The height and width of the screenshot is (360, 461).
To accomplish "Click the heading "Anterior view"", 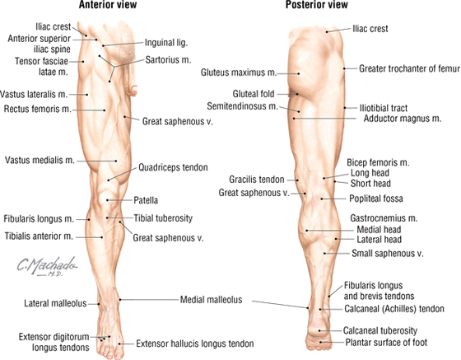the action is (x=108, y=5).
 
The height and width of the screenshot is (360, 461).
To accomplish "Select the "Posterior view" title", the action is (x=317, y=5).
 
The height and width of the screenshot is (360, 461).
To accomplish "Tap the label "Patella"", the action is (x=146, y=200).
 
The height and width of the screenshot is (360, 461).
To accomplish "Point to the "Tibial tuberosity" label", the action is (x=163, y=218).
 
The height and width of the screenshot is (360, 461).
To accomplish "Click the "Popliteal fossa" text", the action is (x=376, y=199).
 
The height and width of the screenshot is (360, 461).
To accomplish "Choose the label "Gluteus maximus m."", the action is (x=239, y=72).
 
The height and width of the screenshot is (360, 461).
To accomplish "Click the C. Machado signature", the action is (x=47, y=266).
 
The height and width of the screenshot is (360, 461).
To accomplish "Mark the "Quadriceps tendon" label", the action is (x=173, y=168).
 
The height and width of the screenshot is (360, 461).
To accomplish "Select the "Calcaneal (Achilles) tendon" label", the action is (x=394, y=309).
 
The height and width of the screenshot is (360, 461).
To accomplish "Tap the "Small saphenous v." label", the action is (x=388, y=253).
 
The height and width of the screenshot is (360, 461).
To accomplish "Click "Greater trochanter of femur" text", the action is (x=409, y=69).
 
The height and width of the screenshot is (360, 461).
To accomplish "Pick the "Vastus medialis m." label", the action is (x=40, y=161).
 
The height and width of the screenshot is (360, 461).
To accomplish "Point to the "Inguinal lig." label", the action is (x=166, y=43).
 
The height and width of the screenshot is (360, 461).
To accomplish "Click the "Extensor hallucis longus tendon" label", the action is (x=195, y=344).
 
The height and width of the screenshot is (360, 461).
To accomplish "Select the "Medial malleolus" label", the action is (x=211, y=300).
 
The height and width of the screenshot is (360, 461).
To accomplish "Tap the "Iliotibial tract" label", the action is (x=384, y=108).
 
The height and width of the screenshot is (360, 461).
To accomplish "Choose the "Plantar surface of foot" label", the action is (x=386, y=343).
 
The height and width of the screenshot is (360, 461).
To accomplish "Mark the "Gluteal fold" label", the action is (x=254, y=94).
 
